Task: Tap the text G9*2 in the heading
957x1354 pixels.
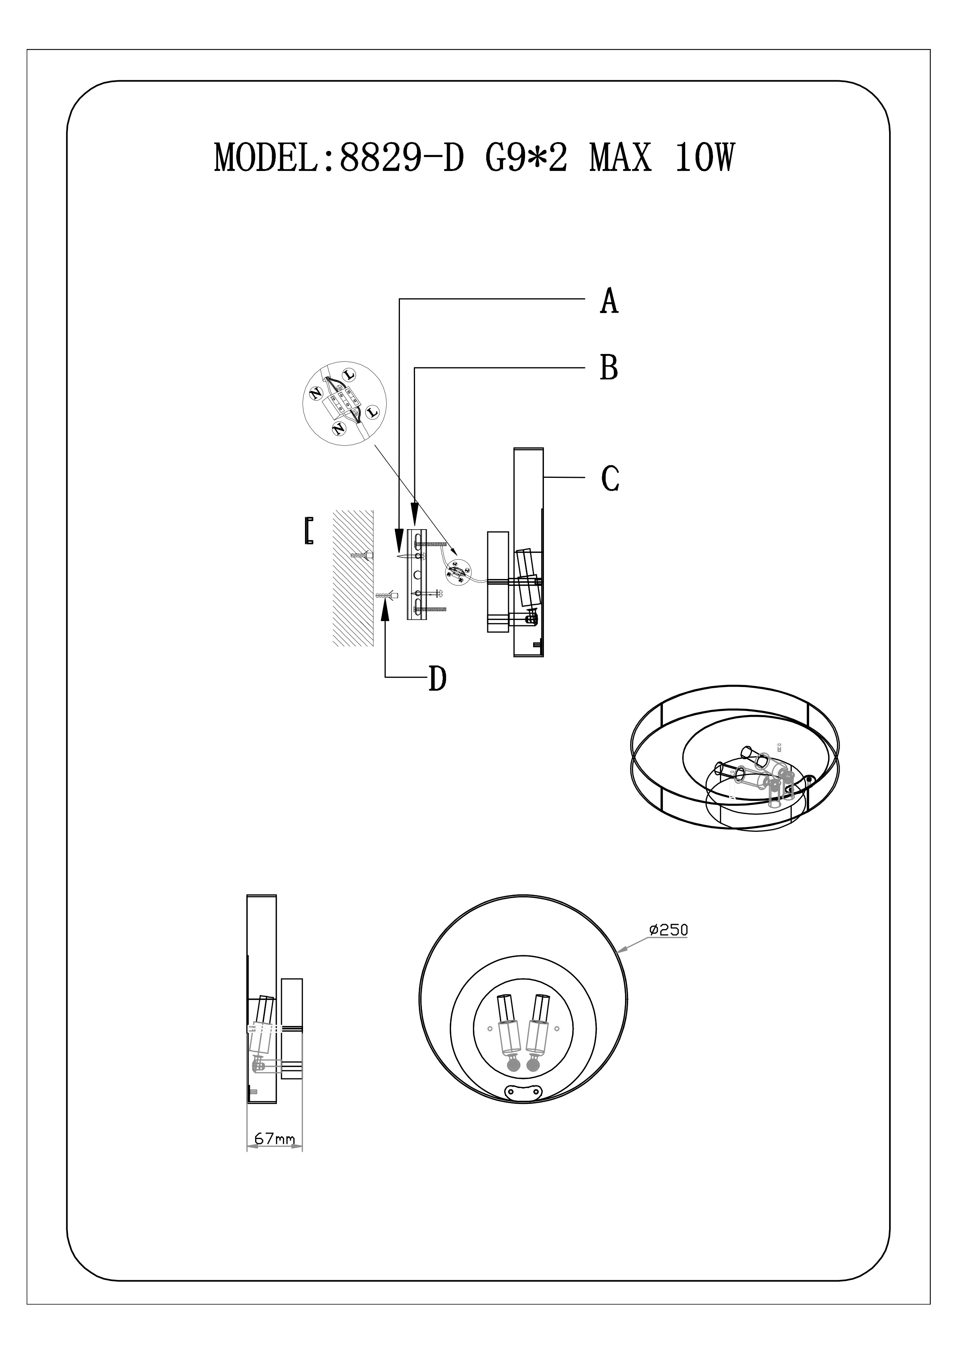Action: [527, 158]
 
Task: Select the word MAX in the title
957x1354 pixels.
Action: [621, 158]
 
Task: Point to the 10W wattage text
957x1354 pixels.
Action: [705, 158]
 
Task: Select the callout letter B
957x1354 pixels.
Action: [609, 367]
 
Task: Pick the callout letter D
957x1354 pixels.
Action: [437, 679]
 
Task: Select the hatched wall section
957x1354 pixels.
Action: [352, 577]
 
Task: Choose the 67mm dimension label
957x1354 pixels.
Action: [274, 1138]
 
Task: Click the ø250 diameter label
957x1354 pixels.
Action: [668, 930]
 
